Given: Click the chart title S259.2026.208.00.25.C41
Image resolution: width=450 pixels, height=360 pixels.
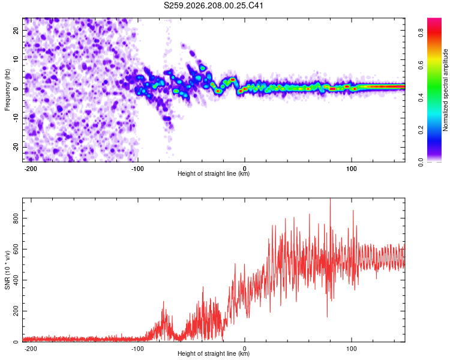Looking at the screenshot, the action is click(x=213, y=5).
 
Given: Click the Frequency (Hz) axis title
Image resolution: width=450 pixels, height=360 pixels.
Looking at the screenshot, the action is click(x=7, y=90).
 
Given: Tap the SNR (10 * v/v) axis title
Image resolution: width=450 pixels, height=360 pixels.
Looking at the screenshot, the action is click(x=7, y=270).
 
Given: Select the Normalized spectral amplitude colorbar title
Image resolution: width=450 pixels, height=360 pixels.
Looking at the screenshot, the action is click(x=445, y=90).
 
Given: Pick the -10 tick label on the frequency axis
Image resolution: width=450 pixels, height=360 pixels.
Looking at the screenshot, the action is click(x=16, y=118).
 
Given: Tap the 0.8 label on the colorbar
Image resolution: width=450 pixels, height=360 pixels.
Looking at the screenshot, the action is click(x=421, y=33).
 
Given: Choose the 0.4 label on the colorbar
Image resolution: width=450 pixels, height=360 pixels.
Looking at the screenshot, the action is click(x=421, y=98).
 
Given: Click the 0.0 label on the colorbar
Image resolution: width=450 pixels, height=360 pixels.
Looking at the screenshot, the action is click(x=421, y=163).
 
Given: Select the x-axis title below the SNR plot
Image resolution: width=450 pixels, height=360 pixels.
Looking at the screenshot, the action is click(x=214, y=353).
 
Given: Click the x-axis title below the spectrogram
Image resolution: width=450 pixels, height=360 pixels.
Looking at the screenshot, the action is click(x=214, y=173).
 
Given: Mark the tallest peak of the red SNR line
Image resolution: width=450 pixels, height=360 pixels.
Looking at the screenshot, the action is click(x=330, y=199).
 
